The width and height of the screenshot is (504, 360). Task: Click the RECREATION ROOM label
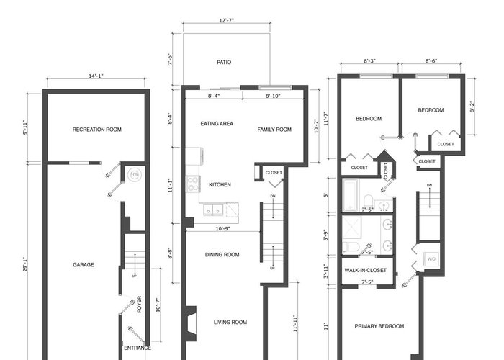pos(96,130)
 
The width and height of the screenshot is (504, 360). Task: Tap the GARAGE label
pos(84,264)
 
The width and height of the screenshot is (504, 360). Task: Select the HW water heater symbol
pos(135,175)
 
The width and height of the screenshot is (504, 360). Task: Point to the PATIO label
pos(224,62)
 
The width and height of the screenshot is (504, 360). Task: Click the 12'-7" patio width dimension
pos(227,21)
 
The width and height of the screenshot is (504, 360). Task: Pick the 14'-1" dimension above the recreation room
pos(96,76)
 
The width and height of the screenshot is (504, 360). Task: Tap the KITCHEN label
pos(220,184)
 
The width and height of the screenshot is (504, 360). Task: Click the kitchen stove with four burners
pos(193,184)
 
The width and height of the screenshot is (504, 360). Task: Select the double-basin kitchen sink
pos(213,210)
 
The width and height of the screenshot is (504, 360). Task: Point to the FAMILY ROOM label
pos(274,130)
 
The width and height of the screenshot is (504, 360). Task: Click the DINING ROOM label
pos(222,255)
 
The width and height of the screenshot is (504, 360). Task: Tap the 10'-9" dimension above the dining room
pos(222,228)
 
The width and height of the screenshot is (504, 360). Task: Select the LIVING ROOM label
pos(230,322)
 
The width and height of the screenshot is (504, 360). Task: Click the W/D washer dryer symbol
pos(431,258)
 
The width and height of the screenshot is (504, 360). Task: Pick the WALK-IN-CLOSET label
pos(365,270)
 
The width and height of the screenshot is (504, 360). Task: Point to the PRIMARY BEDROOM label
pos(379,326)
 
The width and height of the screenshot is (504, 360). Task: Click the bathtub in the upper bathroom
pos(350,195)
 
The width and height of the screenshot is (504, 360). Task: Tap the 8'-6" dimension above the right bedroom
pos(431,61)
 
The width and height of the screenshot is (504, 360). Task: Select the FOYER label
pos(139,305)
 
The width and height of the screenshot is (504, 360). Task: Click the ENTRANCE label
pos(138,348)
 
